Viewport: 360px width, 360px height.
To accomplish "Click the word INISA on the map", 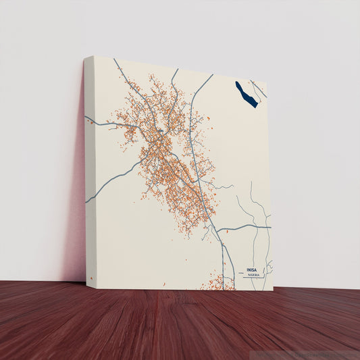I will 252,269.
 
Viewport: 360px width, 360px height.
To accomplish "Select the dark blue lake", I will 246,95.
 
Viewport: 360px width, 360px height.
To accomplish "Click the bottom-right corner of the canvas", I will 273,290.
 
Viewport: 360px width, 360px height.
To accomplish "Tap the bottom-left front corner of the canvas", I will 87,288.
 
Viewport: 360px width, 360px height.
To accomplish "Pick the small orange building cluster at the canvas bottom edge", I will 217,282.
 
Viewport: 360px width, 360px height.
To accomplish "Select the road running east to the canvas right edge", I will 250,226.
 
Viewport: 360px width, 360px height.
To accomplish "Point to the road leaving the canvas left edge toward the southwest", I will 101,189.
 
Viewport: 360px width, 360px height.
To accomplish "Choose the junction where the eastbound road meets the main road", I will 217,230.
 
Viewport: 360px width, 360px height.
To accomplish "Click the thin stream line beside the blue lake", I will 259,89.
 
